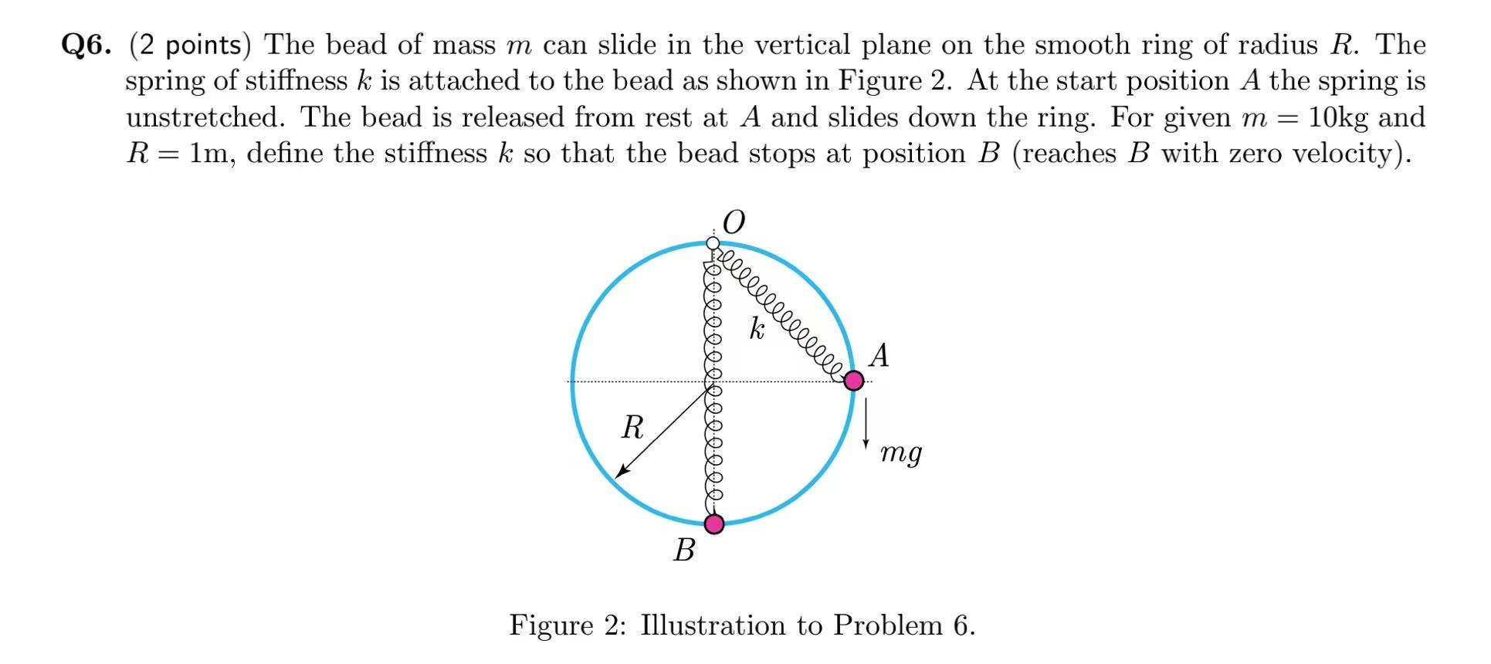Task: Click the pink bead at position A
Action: (853, 380)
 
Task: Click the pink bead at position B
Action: (714, 524)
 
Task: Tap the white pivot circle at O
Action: (713, 243)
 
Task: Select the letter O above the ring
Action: (734, 222)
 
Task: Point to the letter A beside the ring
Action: (879, 356)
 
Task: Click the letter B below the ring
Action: (684, 550)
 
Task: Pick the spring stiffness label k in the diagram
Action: (757, 329)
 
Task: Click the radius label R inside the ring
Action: (632, 426)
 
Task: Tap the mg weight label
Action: (901, 452)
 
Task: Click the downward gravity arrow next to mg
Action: (866, 422)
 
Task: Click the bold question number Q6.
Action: (86, 45)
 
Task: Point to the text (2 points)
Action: (190, 45)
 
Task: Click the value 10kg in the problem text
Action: (1339, 117)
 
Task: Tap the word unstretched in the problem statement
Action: (205, 117)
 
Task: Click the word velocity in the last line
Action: (1344, 153)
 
